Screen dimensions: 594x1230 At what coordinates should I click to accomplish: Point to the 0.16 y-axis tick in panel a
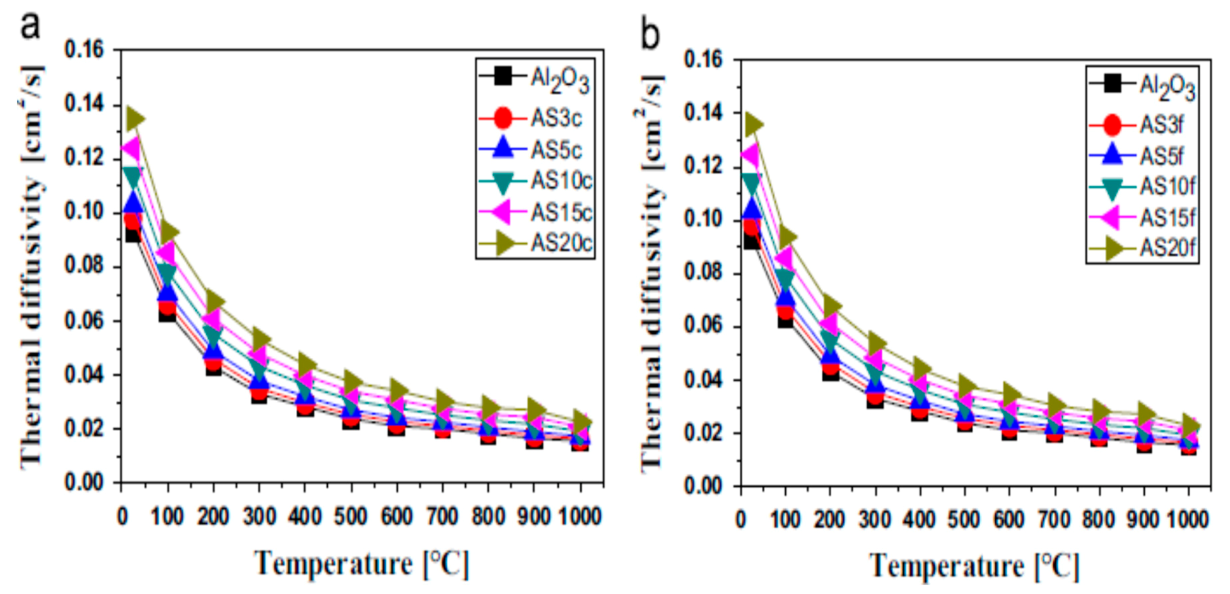point(84,50)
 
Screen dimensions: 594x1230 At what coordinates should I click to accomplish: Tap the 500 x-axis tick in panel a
point(351,517)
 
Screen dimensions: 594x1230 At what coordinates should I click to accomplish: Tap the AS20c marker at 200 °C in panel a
point(214,302)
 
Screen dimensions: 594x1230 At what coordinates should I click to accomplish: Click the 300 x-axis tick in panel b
point(875,520)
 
